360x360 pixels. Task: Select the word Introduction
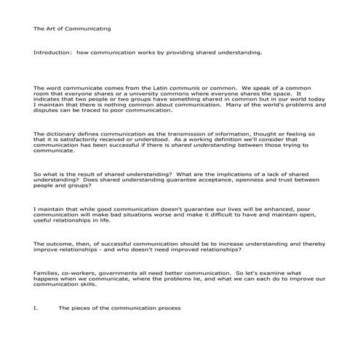pos(49,53)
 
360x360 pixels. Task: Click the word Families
pos(47,272)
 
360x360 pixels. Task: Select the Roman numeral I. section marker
pos(35,308)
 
